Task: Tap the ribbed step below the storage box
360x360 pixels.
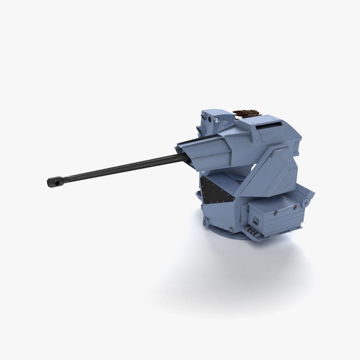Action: (264, 235)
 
